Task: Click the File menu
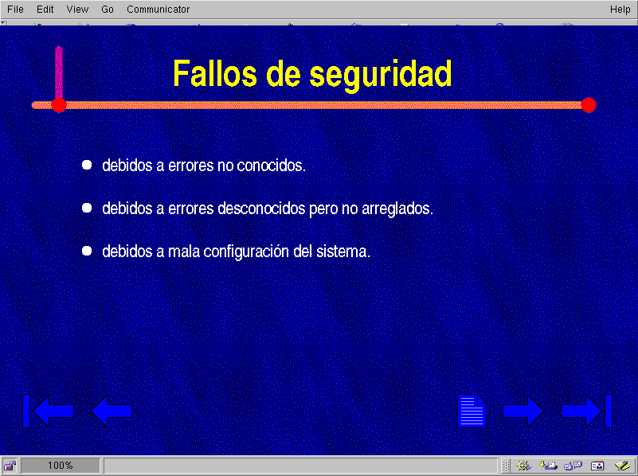[x=15, y=9]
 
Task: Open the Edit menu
[x=45, y=9]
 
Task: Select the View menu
[x=77, y=9]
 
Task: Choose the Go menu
[x=108, y=9]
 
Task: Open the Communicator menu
[x=158, y=9]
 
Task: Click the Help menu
[x=620, y=9]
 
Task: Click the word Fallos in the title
[x=215, y=73]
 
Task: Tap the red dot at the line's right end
[x=589, y=105]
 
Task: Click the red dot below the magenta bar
[x=59, y=105]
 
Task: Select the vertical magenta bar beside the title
[x=59, y=72]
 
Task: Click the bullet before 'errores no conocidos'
[x=87, y=165]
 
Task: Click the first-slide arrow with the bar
[x=48, y=411]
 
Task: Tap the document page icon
[x=472, y=412]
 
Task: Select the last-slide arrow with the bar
[x=586, y=411]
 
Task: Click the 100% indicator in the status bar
[x=61, y=466]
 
